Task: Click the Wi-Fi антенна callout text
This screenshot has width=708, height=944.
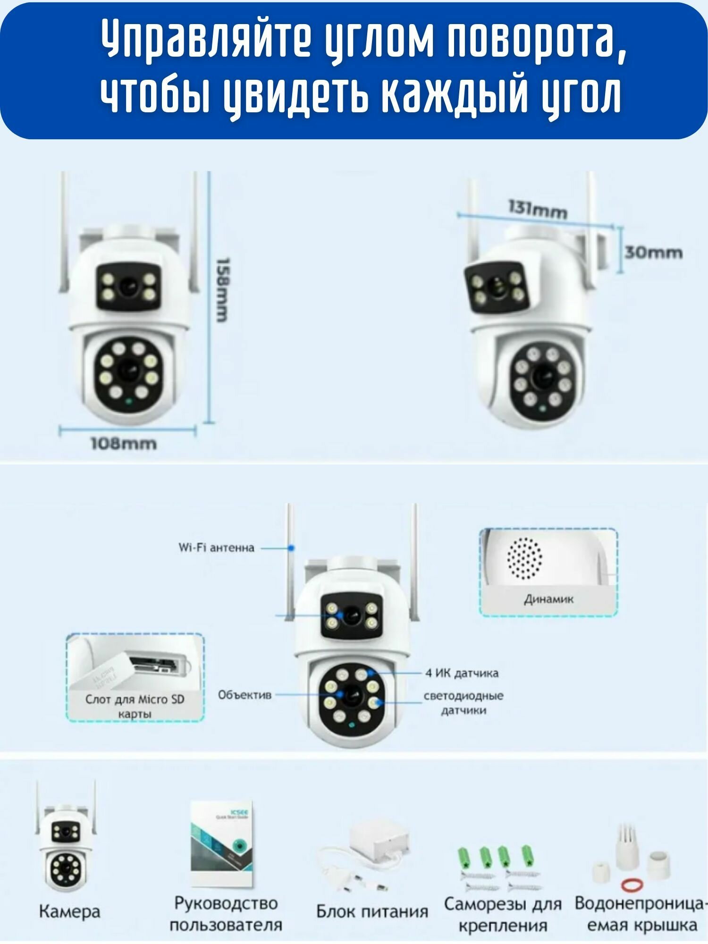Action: click(216, 548)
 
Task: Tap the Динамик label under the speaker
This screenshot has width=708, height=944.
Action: click(548, 599)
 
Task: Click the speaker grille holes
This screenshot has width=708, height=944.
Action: click(524, 559)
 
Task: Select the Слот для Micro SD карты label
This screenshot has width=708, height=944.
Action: click(135, 706)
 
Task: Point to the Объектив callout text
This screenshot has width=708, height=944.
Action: click(244, 695)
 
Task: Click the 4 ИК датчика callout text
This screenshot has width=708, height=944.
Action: click(462, 673)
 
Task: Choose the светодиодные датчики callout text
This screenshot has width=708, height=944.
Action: click(464, 703)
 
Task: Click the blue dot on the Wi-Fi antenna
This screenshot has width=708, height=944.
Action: click(291, 548)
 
